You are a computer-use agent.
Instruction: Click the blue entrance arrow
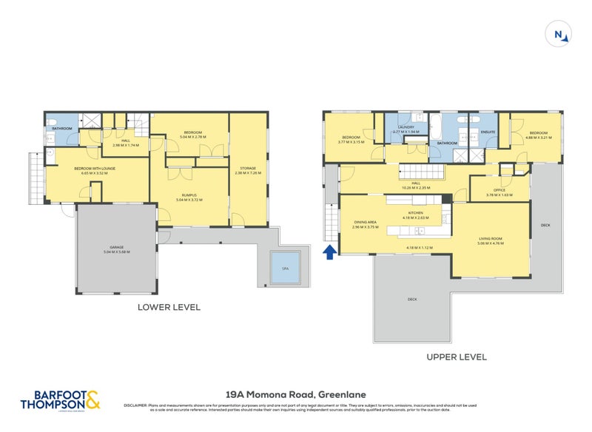tap(329, 253)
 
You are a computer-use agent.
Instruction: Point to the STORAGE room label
tap(248, 168)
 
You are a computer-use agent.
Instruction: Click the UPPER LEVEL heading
tap(457, 357)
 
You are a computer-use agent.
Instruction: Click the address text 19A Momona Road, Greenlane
tap(296, 395)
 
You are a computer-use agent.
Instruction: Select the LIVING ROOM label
tap(491, 237)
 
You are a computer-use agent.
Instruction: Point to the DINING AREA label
tap(366, 223)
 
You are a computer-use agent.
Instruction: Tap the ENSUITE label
tap(488, 132)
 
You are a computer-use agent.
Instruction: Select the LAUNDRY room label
tap(406, 127)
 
